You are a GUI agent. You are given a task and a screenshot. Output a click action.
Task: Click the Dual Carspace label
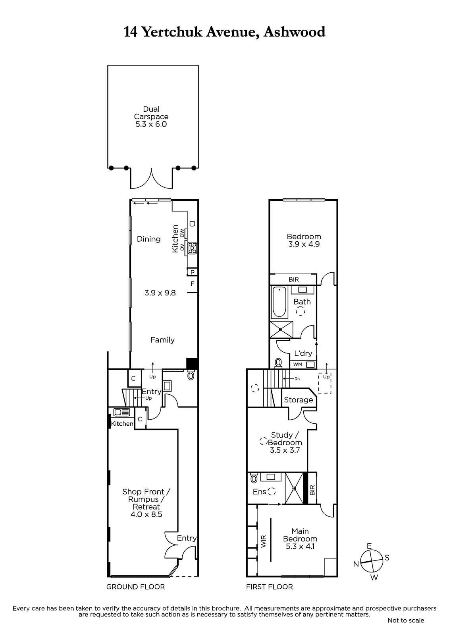[x=151, y=113]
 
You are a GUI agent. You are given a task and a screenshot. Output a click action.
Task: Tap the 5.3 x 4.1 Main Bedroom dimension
[x=300, y=546]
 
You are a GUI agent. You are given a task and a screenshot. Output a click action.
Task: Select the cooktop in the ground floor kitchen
[x=192, y=248]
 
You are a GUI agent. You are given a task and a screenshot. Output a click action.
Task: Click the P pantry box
[x=192, y=272]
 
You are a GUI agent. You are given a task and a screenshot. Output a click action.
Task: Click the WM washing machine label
[x=297, y=364]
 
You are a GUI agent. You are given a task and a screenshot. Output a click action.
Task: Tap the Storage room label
[x=299, y=400]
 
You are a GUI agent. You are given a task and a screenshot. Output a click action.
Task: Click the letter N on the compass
[x=356, y=564]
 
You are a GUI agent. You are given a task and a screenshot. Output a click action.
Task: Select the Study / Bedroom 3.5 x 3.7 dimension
[x=285, y=450]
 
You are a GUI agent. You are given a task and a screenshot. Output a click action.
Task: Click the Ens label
[x=259, y=492]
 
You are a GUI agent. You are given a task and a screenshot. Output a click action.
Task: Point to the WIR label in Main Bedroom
[x=264, y=541]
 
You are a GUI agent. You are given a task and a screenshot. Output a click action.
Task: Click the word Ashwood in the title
[x=295, y=32]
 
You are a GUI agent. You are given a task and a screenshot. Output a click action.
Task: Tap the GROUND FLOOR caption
[x=136, y=587]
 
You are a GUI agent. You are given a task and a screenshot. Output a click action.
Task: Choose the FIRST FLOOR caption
[x=270, y=587]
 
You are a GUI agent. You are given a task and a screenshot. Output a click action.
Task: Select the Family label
[x=162, y=340]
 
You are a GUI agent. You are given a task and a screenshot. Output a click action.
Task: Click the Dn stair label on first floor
[x=297, y=379]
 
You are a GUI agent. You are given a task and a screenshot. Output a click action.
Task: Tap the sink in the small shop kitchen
[x=121, y=412]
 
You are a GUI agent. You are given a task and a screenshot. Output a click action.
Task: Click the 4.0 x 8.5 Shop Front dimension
[x=146, y=514]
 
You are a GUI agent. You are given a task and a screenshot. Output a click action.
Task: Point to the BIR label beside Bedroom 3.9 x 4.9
[x=293, y=280]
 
